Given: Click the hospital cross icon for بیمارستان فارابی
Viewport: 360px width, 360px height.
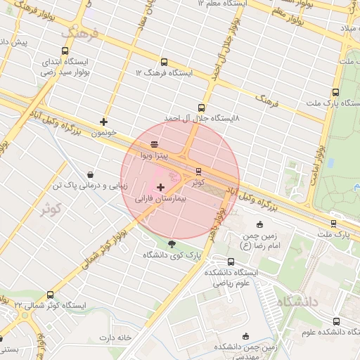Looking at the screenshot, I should (x=162, y=187).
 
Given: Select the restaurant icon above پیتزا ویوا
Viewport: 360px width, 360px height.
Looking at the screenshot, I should (x=144, y=143).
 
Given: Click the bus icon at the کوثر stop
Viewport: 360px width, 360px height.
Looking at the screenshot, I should (x=198, y=171).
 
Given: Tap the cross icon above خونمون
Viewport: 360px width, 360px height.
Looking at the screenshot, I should (x=104, y=122).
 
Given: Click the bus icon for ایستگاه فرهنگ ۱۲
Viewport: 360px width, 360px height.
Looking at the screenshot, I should (x=164, y=62).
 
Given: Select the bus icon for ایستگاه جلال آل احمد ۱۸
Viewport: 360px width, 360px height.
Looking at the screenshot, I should (x=202, y=108).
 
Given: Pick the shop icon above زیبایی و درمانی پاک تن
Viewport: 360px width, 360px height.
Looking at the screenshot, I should (x=90, y=174).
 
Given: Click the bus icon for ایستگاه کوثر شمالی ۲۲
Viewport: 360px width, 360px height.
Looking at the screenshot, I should (x=49, y=295).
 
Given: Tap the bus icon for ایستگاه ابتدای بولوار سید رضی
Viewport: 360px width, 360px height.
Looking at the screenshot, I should (x=65, y=51).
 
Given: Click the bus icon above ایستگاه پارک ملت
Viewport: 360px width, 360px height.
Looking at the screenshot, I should (x=335, y=92).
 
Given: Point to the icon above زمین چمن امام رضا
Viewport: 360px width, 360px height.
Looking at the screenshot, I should (x=259, y=225).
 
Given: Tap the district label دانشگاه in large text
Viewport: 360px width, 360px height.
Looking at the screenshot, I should (x=299, y=301).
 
